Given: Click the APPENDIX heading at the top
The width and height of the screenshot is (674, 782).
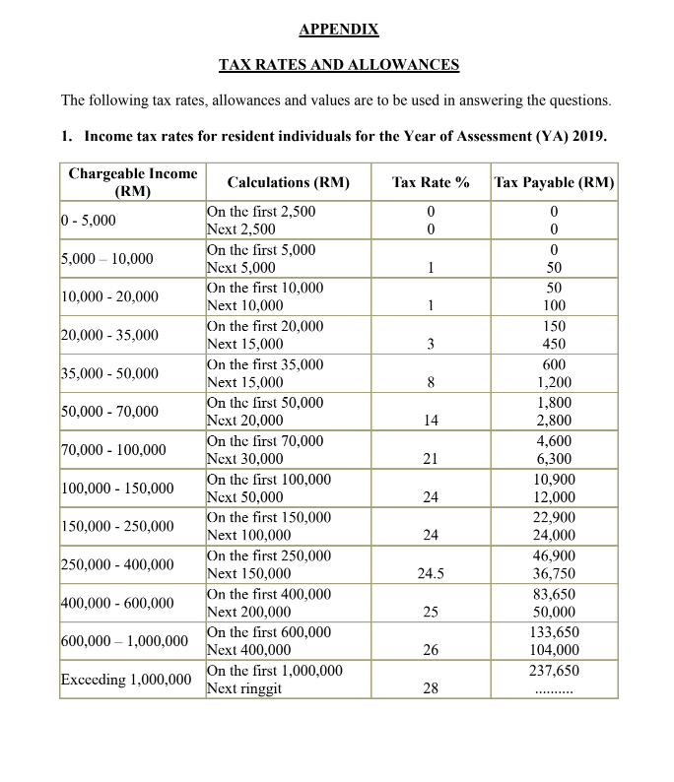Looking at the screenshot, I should click(339, 29).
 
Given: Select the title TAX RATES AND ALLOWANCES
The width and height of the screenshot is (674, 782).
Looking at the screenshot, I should click(339, 65).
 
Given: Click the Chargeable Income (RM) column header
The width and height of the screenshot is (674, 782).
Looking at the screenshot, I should click(132, 181).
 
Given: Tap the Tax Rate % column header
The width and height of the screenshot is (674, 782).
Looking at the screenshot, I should click(430, 182).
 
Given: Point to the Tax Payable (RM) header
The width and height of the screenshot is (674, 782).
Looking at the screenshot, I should click(555, 182).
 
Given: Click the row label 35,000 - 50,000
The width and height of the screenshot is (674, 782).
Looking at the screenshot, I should click(109, 373).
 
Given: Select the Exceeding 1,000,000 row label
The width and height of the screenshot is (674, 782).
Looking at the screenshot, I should click(126, 680).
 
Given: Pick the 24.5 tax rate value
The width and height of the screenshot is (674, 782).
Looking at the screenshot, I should click(430, 574).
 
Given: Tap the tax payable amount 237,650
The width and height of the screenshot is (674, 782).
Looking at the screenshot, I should click(555, 671).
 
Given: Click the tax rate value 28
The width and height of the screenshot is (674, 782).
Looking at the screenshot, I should click(430, 688).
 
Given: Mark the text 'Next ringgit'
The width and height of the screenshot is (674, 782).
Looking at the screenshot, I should click(243, 688).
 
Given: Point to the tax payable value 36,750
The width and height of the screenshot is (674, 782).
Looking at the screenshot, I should click(555, 574).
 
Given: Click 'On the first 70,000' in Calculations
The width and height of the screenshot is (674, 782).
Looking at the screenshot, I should click(264, 441).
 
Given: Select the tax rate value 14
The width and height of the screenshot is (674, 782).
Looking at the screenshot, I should click(430, 421).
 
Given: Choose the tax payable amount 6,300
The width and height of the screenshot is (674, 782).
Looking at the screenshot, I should click(555, 459).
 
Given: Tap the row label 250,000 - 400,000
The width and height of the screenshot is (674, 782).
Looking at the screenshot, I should click(117, 564).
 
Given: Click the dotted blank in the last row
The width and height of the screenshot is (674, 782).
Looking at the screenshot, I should click(555, 689).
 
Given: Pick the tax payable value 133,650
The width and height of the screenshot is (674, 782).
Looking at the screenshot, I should click(555, 632).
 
